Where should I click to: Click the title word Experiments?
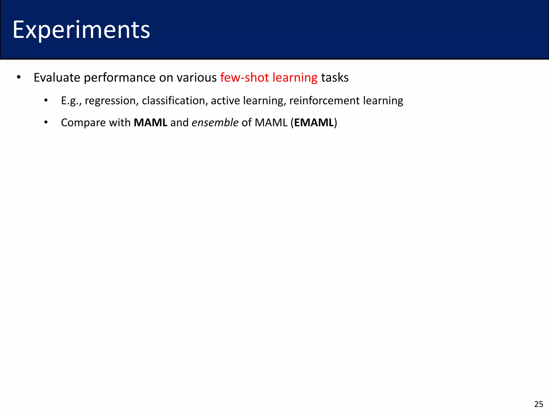pos(81,30)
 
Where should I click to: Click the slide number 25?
pos(539,404)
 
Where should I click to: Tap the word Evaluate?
pos(57,78)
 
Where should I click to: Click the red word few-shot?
pos(244,78)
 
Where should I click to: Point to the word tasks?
pos(335,78)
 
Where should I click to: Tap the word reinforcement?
pos(324,101)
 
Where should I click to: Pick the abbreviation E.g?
pos(70,101)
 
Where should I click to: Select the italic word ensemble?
pos(215,123)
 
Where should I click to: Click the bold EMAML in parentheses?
pos(314,123)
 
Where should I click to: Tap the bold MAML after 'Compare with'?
pos(150,123)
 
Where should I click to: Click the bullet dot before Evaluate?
pos(18,78)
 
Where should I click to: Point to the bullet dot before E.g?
pos(46,101)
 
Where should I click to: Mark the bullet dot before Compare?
pos(46,123)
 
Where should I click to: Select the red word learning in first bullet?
pos(295,78)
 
